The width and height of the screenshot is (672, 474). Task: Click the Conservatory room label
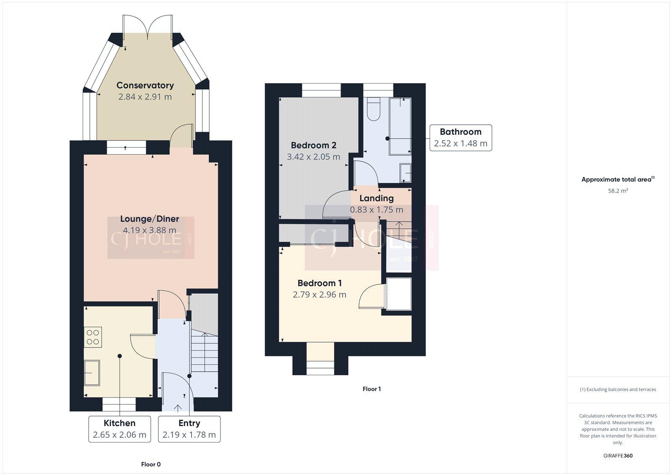tap(145, 85)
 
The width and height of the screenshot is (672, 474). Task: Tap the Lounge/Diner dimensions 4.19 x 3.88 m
tap(150, 230)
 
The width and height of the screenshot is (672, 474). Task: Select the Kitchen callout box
tap(120, 429)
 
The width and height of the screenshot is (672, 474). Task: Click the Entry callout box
tap(189, 429)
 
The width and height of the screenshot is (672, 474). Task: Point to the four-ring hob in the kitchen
tap(93, 337)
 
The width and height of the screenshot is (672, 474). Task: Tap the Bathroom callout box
tap(460, 137)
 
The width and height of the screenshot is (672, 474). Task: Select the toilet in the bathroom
tap(373, 109)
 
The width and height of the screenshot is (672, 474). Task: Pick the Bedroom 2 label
tap(313, 145)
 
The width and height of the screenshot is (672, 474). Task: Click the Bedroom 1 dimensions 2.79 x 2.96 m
tap(319, 295)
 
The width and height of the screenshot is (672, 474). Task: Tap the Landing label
tap(376, 198)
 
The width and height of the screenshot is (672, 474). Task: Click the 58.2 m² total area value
tap(618, 191)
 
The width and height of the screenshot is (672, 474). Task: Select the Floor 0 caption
tap(151, 464)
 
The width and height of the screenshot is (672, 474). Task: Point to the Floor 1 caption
tap(372, 389)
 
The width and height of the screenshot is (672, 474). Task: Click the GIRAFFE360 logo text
tap(618, 456)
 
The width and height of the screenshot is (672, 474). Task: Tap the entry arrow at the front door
tap(177, 407)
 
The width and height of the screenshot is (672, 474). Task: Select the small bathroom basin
tap(405, 173)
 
